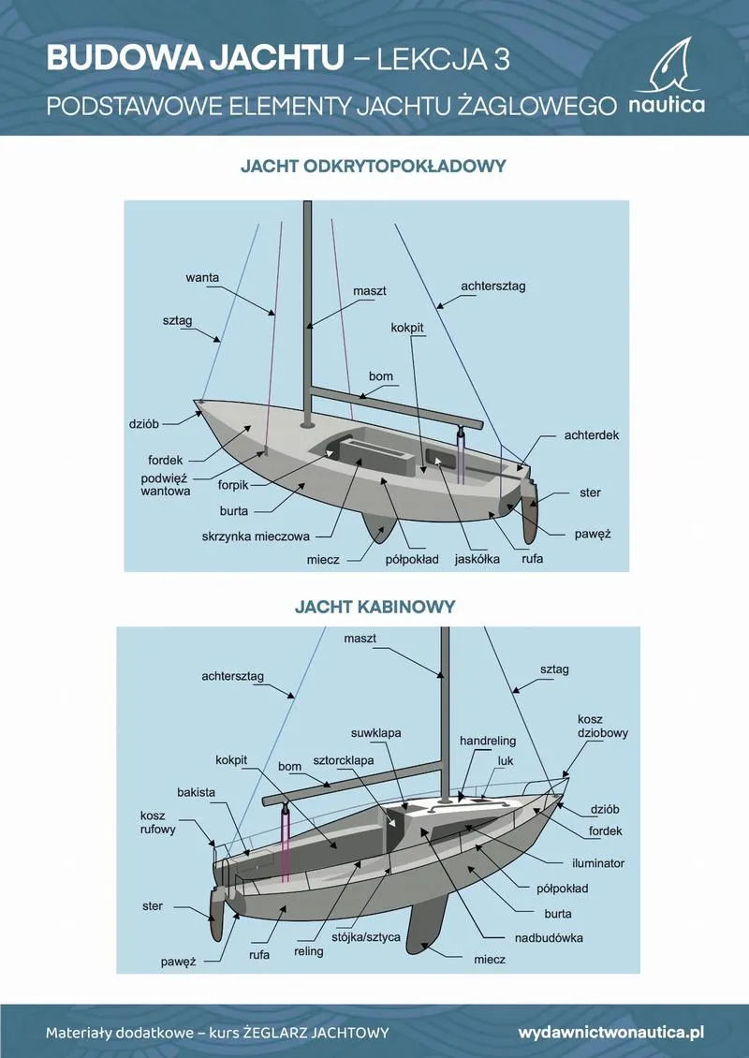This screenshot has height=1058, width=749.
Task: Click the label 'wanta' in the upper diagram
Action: pyautogui.click(x=202, y=278)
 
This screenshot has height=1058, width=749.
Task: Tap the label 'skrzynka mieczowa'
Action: pyautogui.click(x=255, y=537)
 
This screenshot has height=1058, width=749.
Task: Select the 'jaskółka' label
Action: pyautogui.click(x=477, y=559)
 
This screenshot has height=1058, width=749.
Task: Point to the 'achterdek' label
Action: pyautogui.click(x=592, y=435)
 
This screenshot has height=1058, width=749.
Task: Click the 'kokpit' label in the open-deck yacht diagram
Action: pyautogui.click(x=408, y=329)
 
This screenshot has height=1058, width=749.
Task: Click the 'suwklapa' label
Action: pyautogui.click(x=375, y=732)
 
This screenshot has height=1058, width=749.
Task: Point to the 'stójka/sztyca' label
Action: pyautogui.click(x=367, y=935)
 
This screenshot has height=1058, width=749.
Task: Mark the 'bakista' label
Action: pyautogui.click(x=197, y=792)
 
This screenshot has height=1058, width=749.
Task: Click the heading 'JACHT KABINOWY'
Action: pyautogui.click(x=374, y=607)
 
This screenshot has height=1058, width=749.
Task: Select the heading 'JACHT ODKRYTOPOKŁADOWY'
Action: pyautogui.click(x=374, y=166)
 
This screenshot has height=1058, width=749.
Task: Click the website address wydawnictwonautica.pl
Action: pyautogui.click(x=610, y=1032)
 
